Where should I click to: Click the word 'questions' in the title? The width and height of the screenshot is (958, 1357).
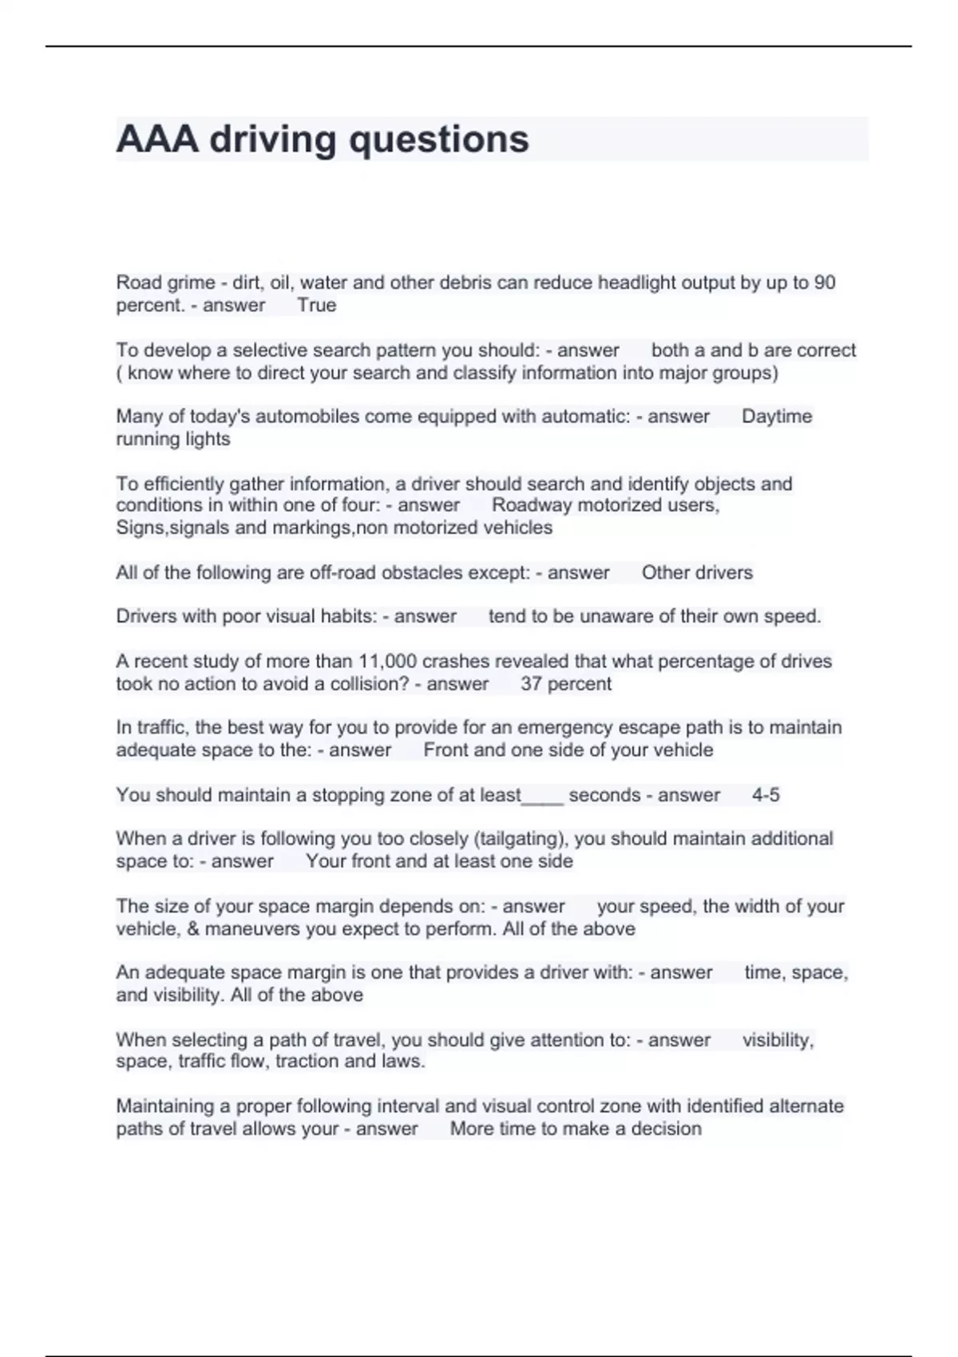(439, 140)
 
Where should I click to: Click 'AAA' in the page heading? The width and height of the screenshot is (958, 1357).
(157, 139)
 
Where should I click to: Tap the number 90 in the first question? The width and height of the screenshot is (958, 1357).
(825, 283)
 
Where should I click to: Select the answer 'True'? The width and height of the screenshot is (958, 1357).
(317, 305)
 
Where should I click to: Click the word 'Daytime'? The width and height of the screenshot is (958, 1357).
(777, 416)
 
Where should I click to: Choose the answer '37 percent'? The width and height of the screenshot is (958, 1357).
(566, 683)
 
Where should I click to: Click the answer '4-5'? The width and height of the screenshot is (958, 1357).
(766, 795)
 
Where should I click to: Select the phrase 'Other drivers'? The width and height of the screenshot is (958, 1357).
(697, 572)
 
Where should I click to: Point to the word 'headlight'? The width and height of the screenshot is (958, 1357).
(635, 283)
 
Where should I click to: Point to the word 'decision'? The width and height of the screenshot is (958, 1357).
(666, 1129)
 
